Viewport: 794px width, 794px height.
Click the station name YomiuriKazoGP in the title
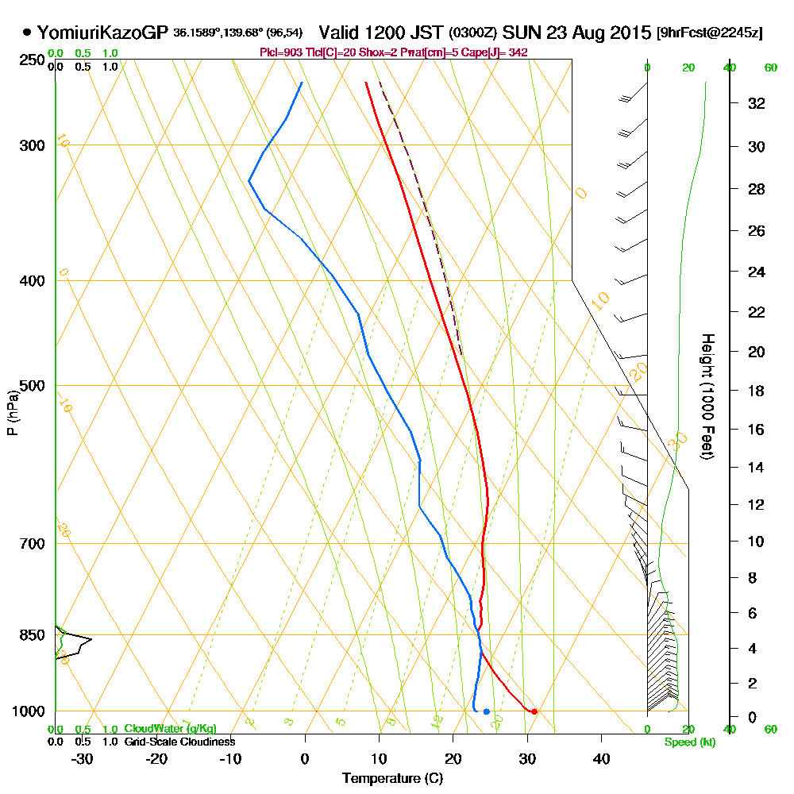coord(103,33)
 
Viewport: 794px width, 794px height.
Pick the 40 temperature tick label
coord(601,758)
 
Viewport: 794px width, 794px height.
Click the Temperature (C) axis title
coord(392,778)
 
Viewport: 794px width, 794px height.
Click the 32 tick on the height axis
coord(757,102)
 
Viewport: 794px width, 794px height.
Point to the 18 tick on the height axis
coord(757,391)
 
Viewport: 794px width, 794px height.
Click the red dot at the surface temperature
coord(534,711)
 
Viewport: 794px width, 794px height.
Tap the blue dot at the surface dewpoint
coord(486,711)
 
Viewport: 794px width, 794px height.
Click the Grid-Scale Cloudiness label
coord(179,742)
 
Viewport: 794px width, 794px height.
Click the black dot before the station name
coord(28,33)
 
